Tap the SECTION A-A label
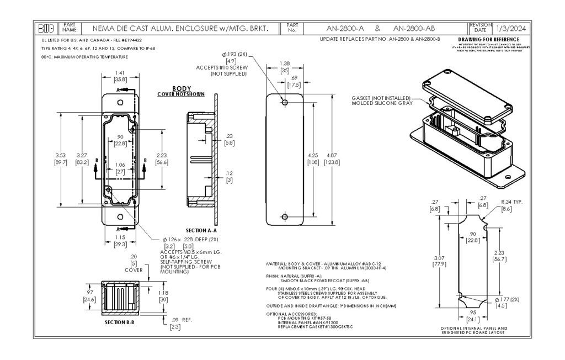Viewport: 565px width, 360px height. tap(201, 230)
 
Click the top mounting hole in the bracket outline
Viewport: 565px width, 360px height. tap(285, 103)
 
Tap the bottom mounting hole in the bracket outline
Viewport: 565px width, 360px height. tap(285, 217)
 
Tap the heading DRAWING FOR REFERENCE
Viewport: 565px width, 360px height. tap(489, 40)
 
